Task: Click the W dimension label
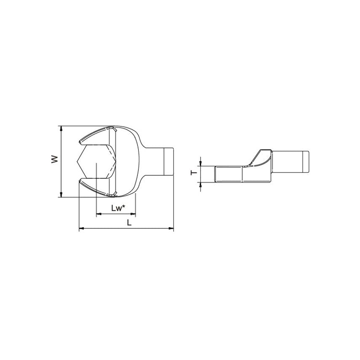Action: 54,159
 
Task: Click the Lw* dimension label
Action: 118,208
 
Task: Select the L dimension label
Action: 129,222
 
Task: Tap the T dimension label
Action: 194,173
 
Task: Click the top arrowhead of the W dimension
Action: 61,129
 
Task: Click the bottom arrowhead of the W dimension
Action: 61,194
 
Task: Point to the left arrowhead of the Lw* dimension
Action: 99,214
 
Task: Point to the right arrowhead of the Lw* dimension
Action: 133,214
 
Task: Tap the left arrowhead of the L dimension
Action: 82,228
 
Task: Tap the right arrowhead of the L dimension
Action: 171,228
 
